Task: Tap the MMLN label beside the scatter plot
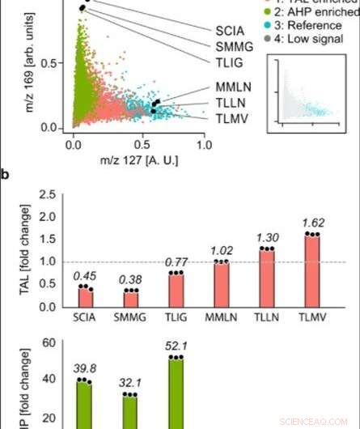pos(233,86)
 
